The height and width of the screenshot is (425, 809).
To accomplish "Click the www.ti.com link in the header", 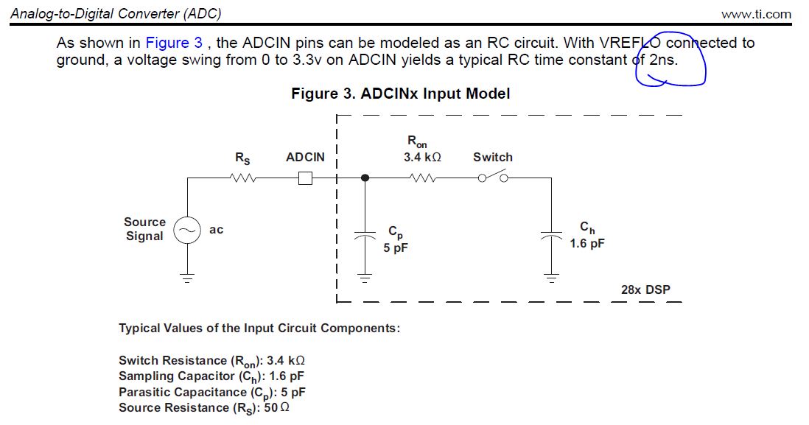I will [x=756, y=14].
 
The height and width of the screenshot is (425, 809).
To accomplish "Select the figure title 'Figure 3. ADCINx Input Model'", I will [x=400, y=94].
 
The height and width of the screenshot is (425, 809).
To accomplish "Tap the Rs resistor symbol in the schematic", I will [x=242, y=178].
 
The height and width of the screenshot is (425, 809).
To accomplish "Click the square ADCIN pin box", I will [x=305, y=178].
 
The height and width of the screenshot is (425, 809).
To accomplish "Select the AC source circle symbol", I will [x=186, y=231].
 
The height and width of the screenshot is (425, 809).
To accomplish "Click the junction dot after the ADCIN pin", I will [x=365, y=178].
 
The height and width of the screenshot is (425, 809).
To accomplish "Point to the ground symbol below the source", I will [x=186, y=279].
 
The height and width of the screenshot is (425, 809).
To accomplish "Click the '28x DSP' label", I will [x=645, y=289].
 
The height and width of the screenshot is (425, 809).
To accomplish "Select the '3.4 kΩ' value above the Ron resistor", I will [x=422, y=157].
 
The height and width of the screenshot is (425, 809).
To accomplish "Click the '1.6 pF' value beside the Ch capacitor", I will [x=586, y=243].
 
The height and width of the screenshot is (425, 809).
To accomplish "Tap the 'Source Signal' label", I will [x=144, y=229].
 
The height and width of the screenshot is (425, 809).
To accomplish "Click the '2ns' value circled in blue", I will [x=662, y=60].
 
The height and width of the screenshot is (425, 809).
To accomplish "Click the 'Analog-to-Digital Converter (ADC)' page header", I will [x=116, y=13].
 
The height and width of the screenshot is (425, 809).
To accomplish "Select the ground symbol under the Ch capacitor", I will [x=550, y=278].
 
